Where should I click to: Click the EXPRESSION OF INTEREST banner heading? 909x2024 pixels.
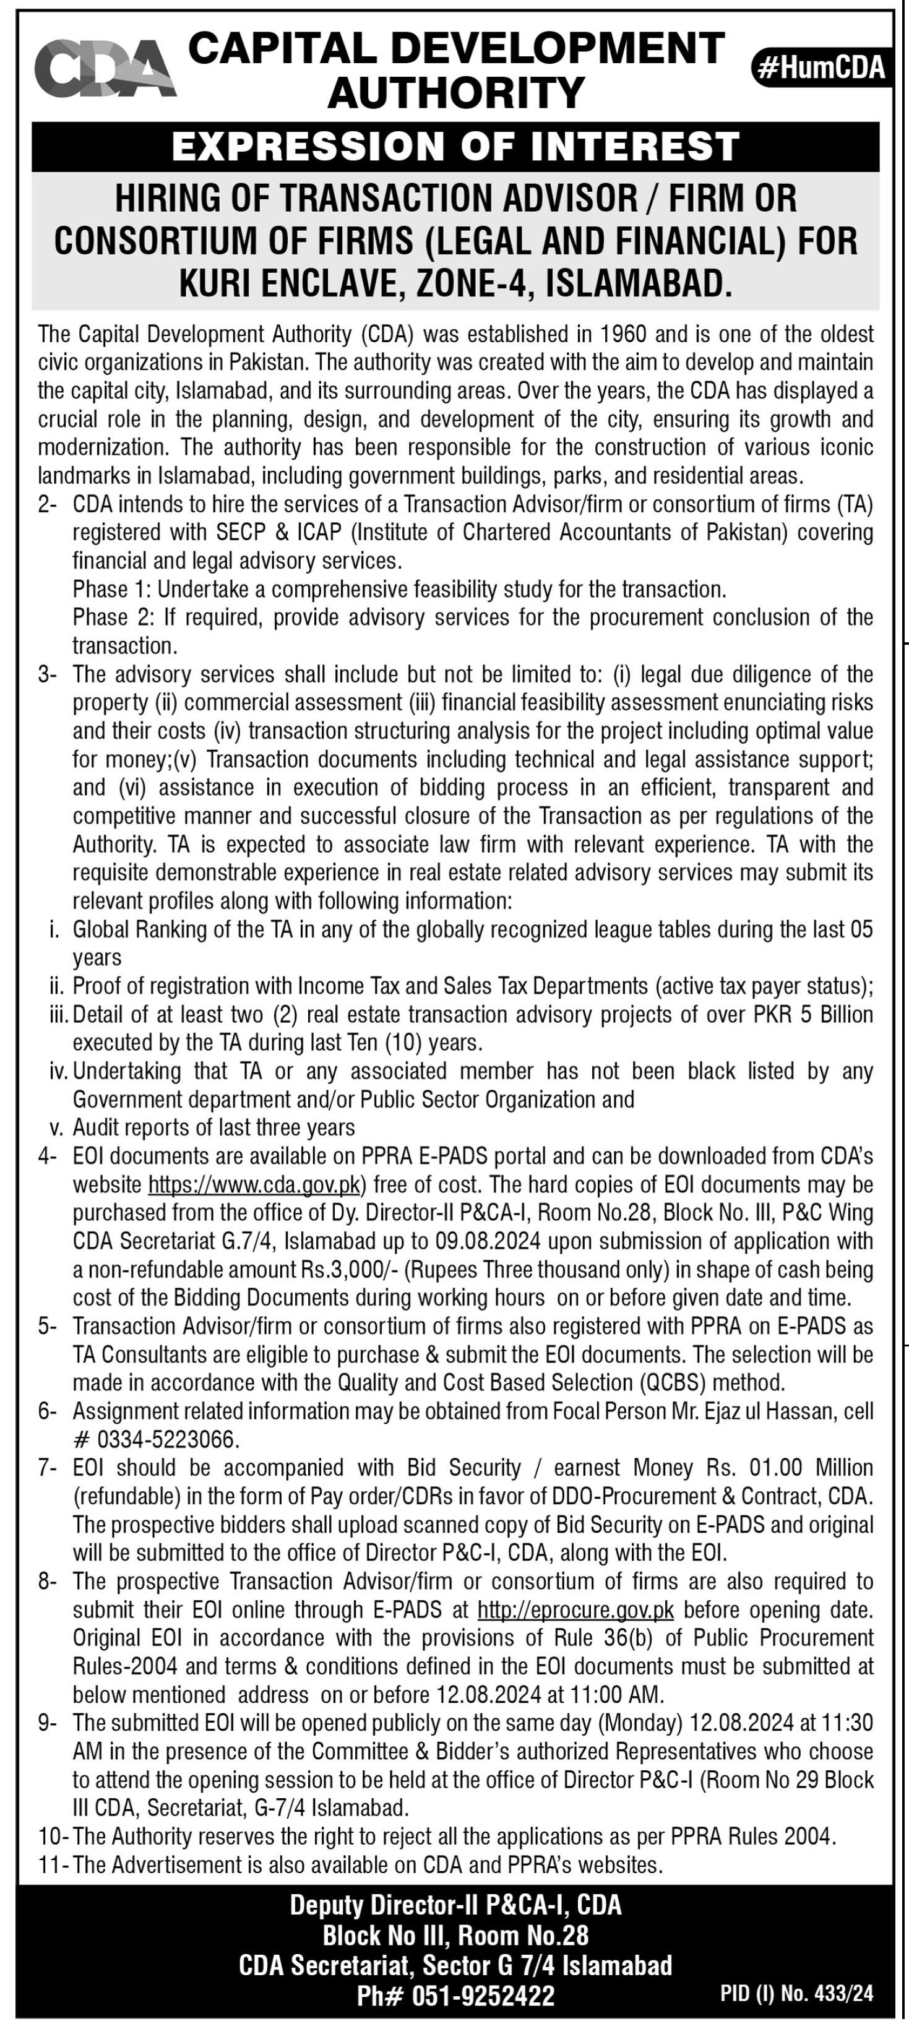[455, 146]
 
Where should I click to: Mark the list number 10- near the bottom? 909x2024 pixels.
[53, 1837]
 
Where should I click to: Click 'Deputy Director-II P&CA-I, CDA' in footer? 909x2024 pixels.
[455, 1905]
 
